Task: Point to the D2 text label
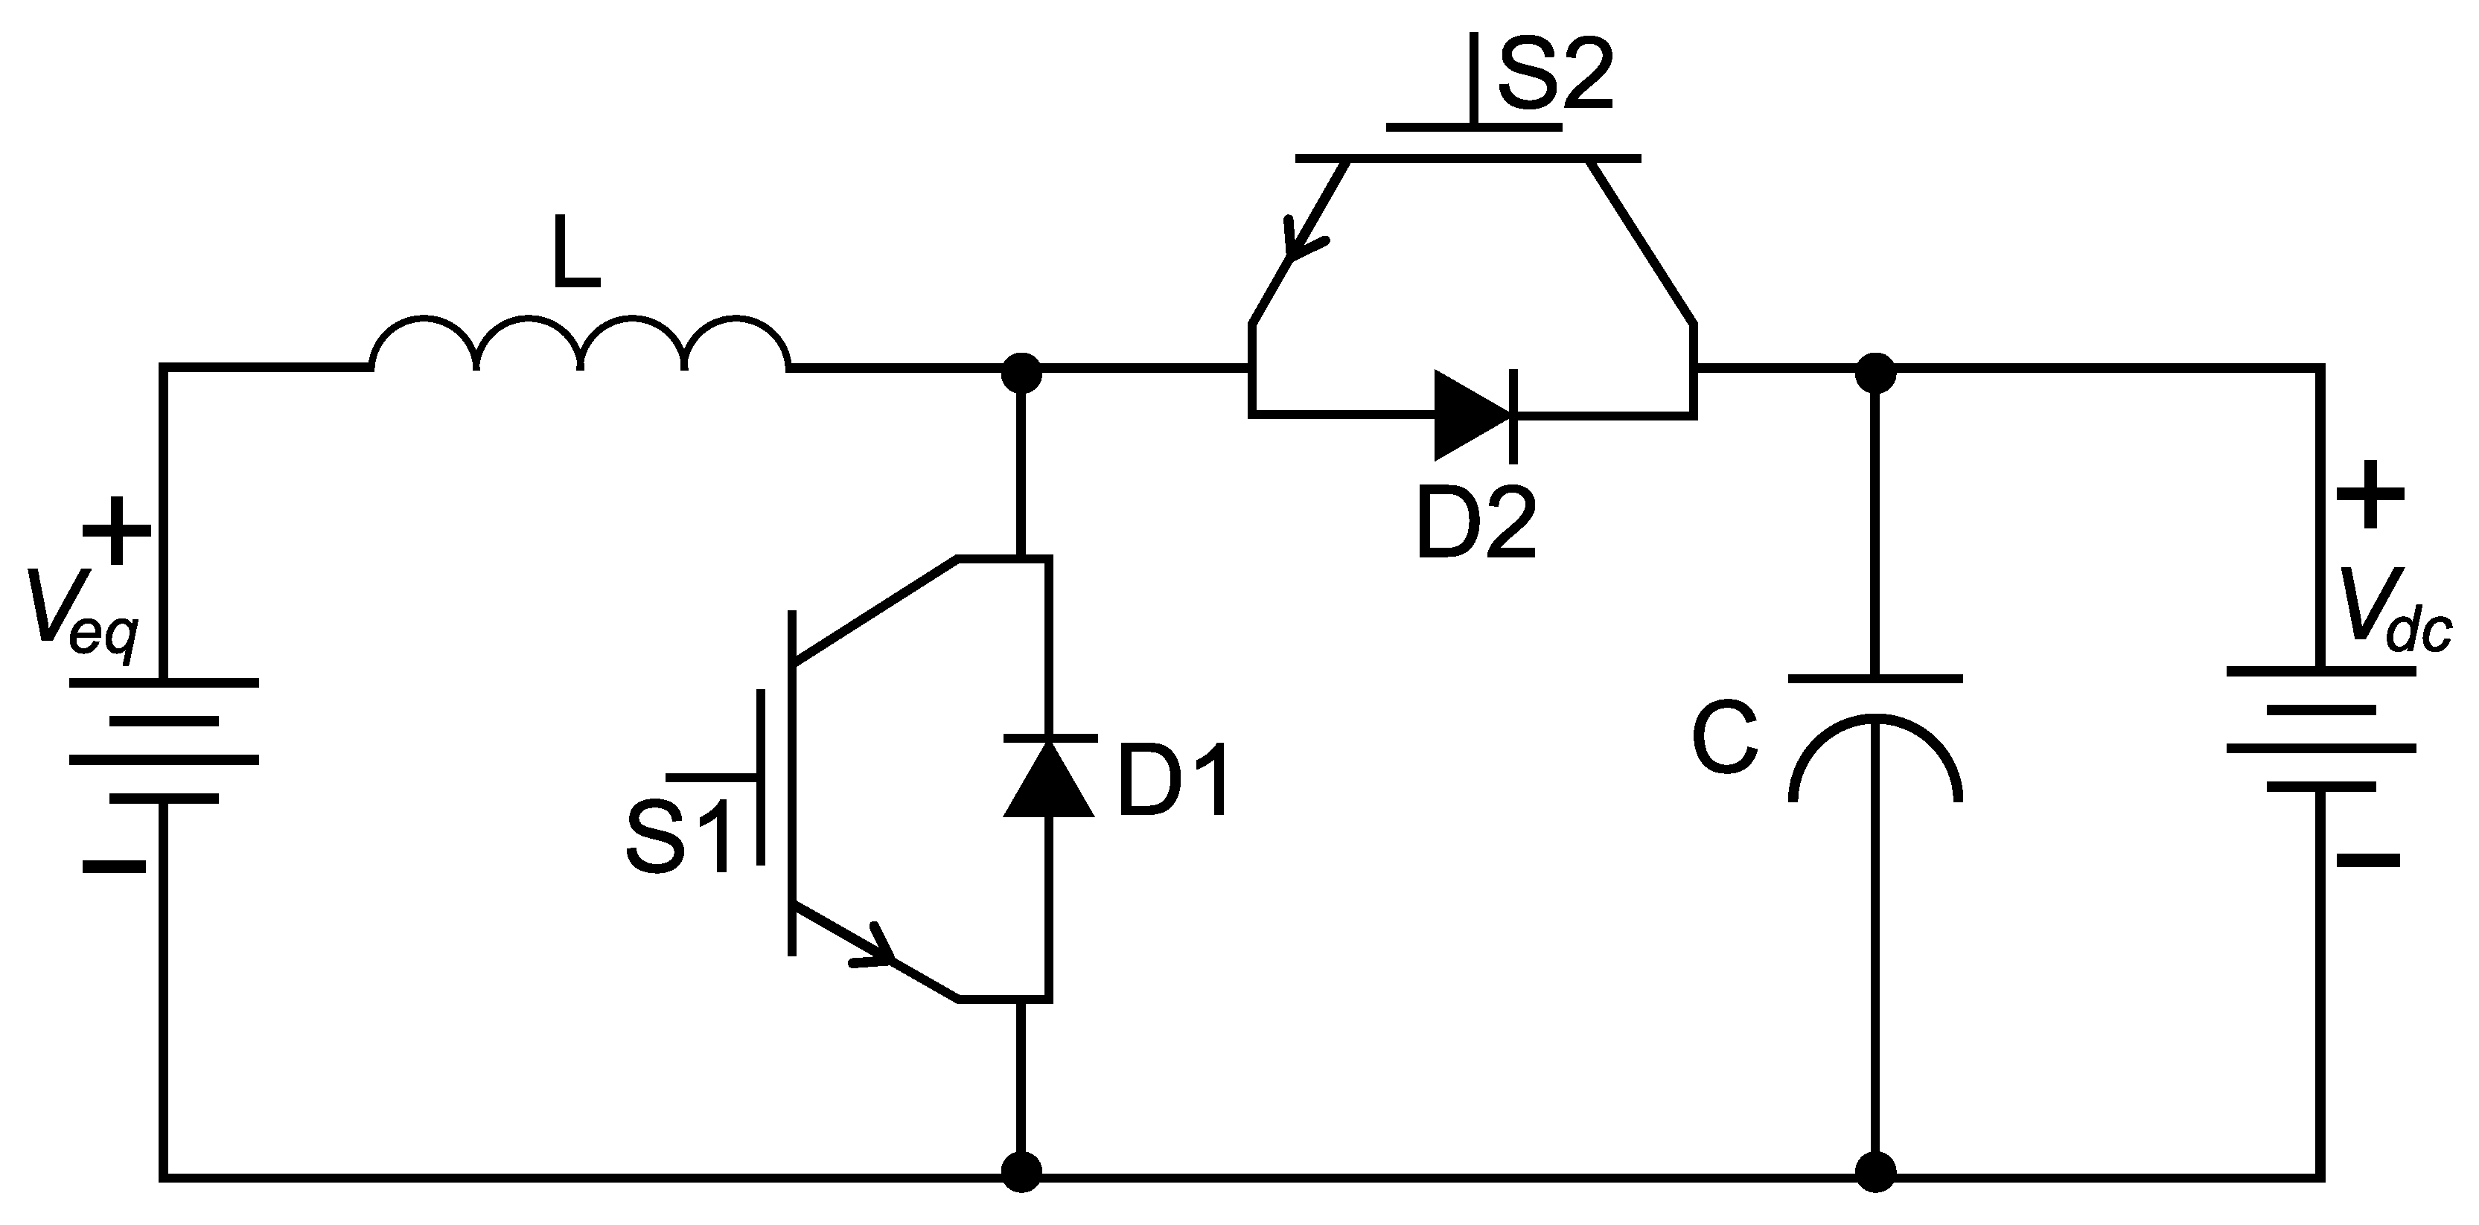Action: [x=1475, y=522]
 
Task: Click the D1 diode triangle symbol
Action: [x=1048, y=778]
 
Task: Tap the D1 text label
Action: [x=1173, y=781]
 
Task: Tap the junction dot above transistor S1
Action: [x=1021, y=371]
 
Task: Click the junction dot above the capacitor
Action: [x=1875, y=371]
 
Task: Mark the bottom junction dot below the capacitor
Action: [x=1875, y=1172]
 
